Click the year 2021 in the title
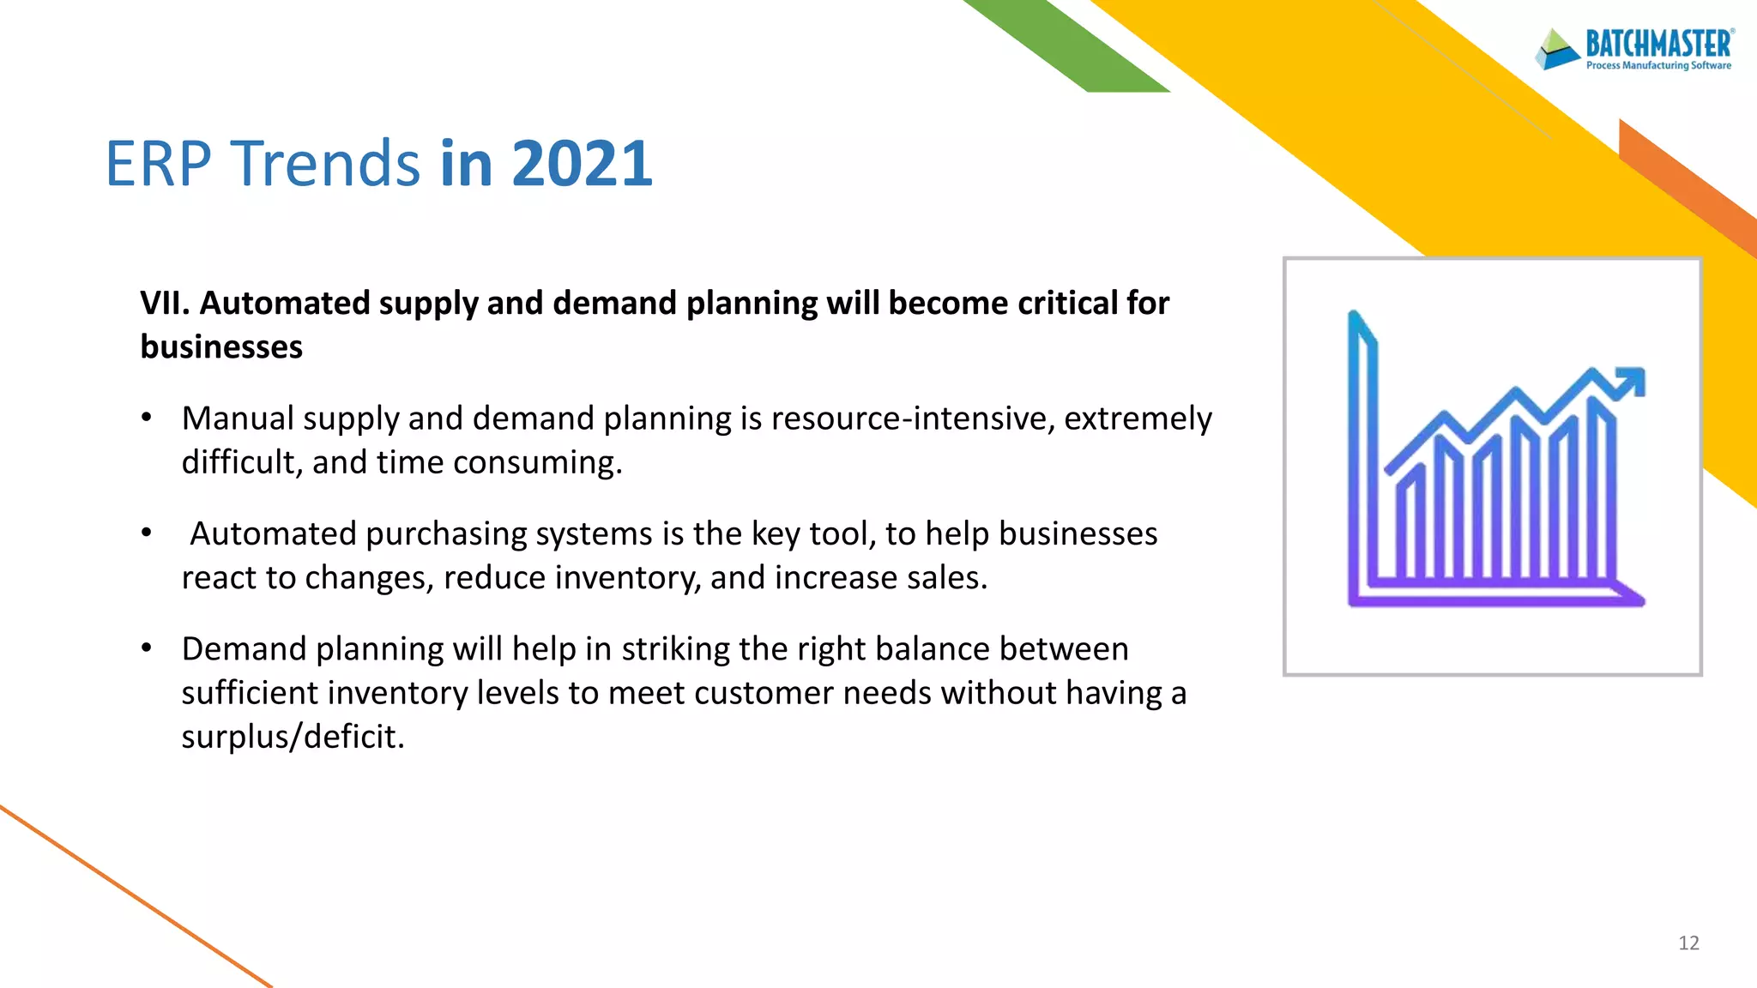(582, 163)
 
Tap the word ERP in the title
(158, 163)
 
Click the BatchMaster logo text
(1657, 44)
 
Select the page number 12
(1688, 943)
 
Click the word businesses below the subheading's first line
(221, 347)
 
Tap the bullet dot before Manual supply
(147, 418)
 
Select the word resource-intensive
(913, 419)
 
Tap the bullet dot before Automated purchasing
(147, 533)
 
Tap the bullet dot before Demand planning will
(147, 648)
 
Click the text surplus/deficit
(292, 737)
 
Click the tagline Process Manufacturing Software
(1657, 65)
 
